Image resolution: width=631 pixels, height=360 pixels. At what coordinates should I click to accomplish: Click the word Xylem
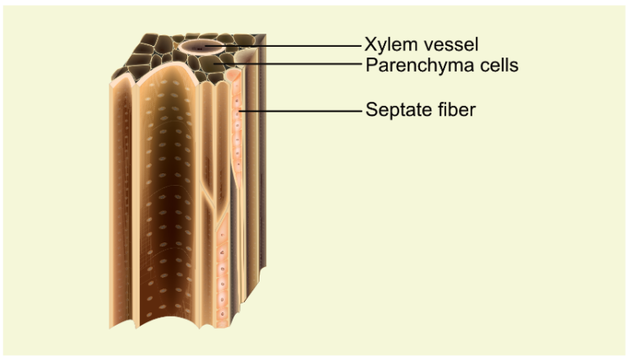point(389,44)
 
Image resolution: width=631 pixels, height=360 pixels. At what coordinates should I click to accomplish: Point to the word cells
point(495,65)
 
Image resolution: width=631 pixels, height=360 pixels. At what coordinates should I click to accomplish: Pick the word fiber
point(455,108)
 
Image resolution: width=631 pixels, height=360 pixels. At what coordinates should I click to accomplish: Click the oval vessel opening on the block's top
point(201,46)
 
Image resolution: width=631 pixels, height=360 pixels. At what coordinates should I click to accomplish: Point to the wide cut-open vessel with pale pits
point(168,205)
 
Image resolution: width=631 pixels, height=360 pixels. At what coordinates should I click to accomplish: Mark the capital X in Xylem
point(371,44)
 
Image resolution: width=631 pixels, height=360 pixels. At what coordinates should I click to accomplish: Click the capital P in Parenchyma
point(371,65)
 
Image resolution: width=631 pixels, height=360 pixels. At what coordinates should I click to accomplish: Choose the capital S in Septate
point(371,108)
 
